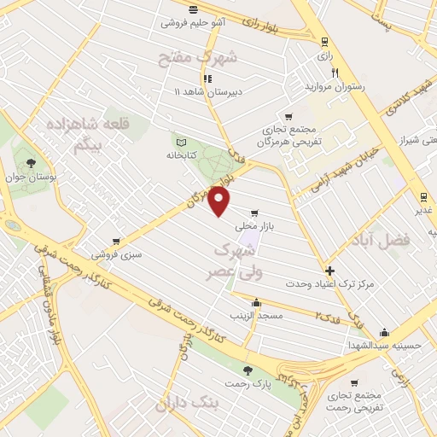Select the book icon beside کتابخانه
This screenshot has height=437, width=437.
pyautogui.click(x=179, y=142)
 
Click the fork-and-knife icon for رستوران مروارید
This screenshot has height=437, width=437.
pyautogui.click(x=335, y=73)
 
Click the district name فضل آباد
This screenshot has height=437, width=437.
pyautogui.click(x=379, y=242)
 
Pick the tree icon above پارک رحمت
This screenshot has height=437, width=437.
pyautogui.click(x=248, y=370)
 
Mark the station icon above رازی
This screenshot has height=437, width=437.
pyautogui.click(x=324, y=40)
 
